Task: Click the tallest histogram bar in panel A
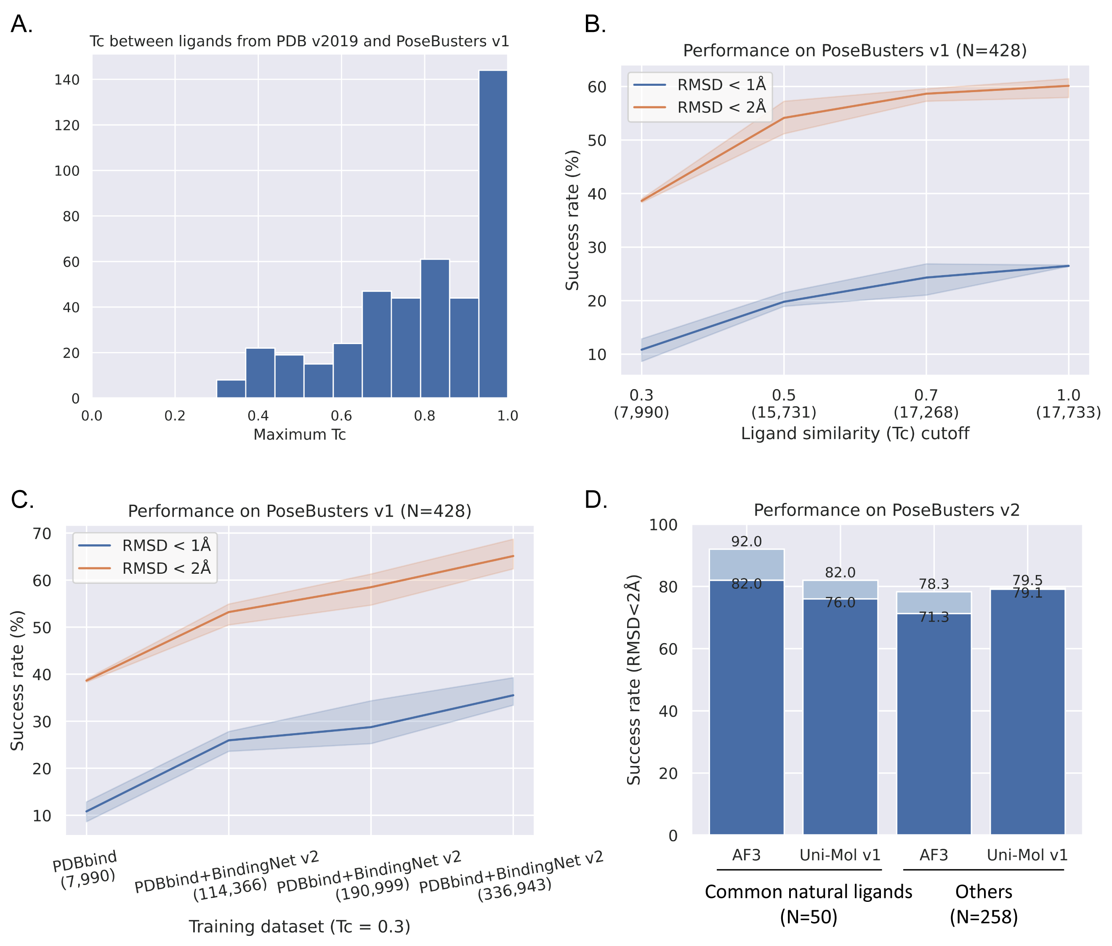(x=493, y=234)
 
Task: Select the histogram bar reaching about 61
(x=435, y=328)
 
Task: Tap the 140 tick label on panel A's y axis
(x=67, y=80)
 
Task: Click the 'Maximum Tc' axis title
(x=300, y=435)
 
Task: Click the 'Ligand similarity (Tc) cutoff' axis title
(x=855, y=433)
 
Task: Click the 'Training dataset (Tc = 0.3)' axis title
(x=300, y=926)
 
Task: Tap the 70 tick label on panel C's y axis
(x=41, y=534)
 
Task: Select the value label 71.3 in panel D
(x=934, y=617)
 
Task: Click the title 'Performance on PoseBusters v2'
(x=886, y=510)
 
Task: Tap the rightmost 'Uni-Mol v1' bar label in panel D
(x=1027, y=855)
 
